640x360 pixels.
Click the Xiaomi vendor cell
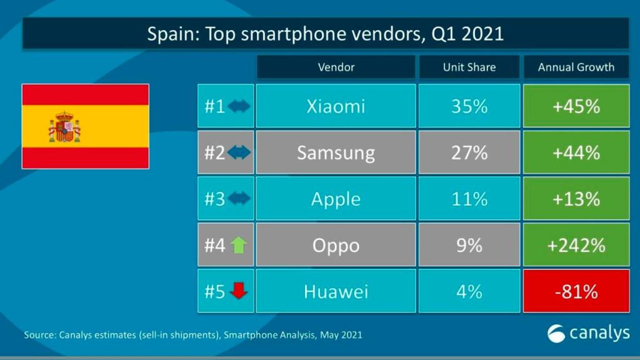pos(336,106)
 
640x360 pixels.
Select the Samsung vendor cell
pos(336,152)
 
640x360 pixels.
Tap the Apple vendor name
pos(336,199)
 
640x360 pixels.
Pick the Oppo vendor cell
pos(336,245)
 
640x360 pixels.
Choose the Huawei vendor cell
pos(336,291)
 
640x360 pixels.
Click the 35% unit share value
pos(469,106)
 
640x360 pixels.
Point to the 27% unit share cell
pos(469,152)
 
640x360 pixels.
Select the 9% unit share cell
pos(469,245)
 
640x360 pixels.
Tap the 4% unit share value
pos(469,291)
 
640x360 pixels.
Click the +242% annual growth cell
pos(576,245)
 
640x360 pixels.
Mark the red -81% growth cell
pos(576,291)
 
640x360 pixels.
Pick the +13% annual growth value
pos(576,199)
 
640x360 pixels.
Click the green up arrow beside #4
pos(239,245)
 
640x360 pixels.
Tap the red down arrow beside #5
pos(239,291)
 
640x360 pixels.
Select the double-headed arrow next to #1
pos(239,106)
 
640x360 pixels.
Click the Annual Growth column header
pos(576,67)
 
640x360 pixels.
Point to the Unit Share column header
pos(469,67)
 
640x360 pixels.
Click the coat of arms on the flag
pos(64,127)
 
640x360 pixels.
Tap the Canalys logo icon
pos(556,334)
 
